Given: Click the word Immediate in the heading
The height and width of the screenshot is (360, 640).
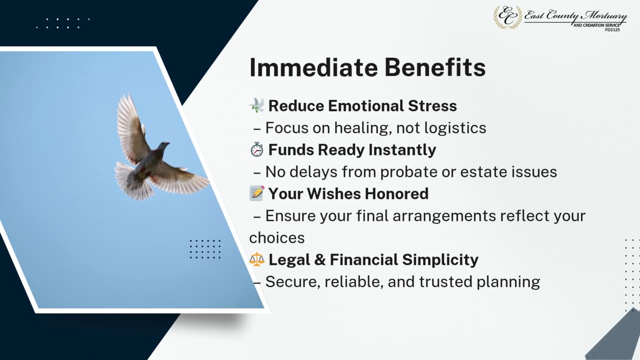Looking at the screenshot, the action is (313, 67).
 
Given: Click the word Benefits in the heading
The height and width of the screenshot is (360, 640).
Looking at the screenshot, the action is (435, 67).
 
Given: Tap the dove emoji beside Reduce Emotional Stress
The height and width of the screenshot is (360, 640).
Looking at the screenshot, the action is (257, 105).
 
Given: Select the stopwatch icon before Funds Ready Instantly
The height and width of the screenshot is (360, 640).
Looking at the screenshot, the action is (256, 149).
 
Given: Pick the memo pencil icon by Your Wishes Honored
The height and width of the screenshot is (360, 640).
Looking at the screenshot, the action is (257, 193).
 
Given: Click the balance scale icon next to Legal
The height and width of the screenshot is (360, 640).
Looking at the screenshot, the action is (256, 259).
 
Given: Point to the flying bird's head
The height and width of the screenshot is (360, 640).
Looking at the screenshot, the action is (163, 145).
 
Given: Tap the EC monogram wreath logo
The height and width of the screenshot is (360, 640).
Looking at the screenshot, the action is (507, 17).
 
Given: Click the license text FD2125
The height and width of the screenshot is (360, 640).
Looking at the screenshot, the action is (612, 29).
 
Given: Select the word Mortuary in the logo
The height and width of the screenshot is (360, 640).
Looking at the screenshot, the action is (605, 16).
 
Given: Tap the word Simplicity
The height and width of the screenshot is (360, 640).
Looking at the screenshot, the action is (440, 260).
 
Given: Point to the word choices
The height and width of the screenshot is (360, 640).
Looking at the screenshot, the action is (277, 238).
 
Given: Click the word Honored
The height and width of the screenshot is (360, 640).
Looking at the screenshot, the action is (396, 193).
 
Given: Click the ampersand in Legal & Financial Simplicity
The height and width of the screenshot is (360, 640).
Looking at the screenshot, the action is (319, 259).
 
